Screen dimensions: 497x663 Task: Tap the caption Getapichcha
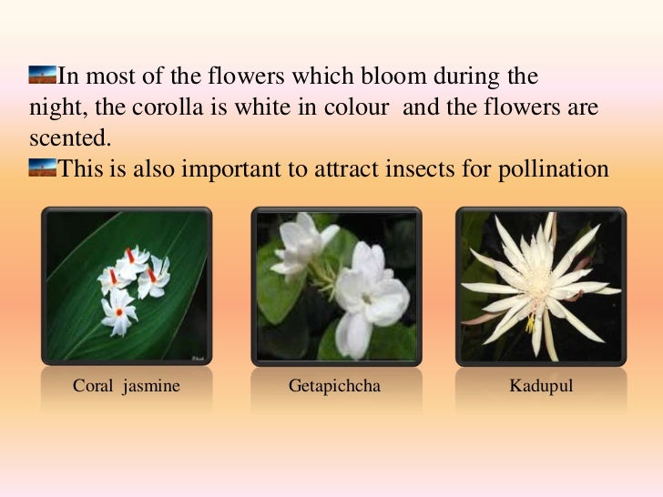tap(334, 386)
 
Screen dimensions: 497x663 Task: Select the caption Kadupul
tap(541, 386)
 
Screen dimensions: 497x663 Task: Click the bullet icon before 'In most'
tap(42, 72)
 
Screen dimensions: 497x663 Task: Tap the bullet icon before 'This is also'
tap(42, 167)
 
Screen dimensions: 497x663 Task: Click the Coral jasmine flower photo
tap(127, 284)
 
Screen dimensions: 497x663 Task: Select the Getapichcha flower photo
tap(336, 284)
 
